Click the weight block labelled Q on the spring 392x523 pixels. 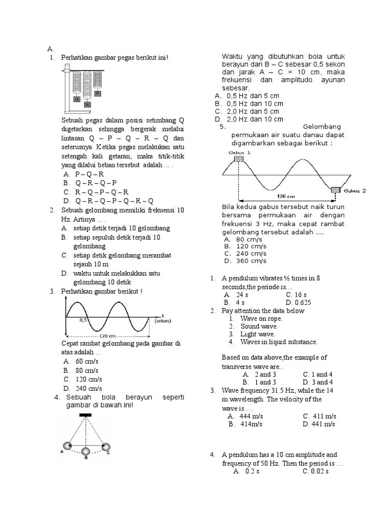(77, 99)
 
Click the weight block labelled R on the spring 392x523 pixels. (87, 104)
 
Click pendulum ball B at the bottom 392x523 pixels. (86, 451)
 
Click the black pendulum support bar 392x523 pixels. (86, 416)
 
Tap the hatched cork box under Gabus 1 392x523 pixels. (238, 159)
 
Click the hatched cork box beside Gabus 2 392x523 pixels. (335, 191)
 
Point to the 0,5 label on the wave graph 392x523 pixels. (84, 320)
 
